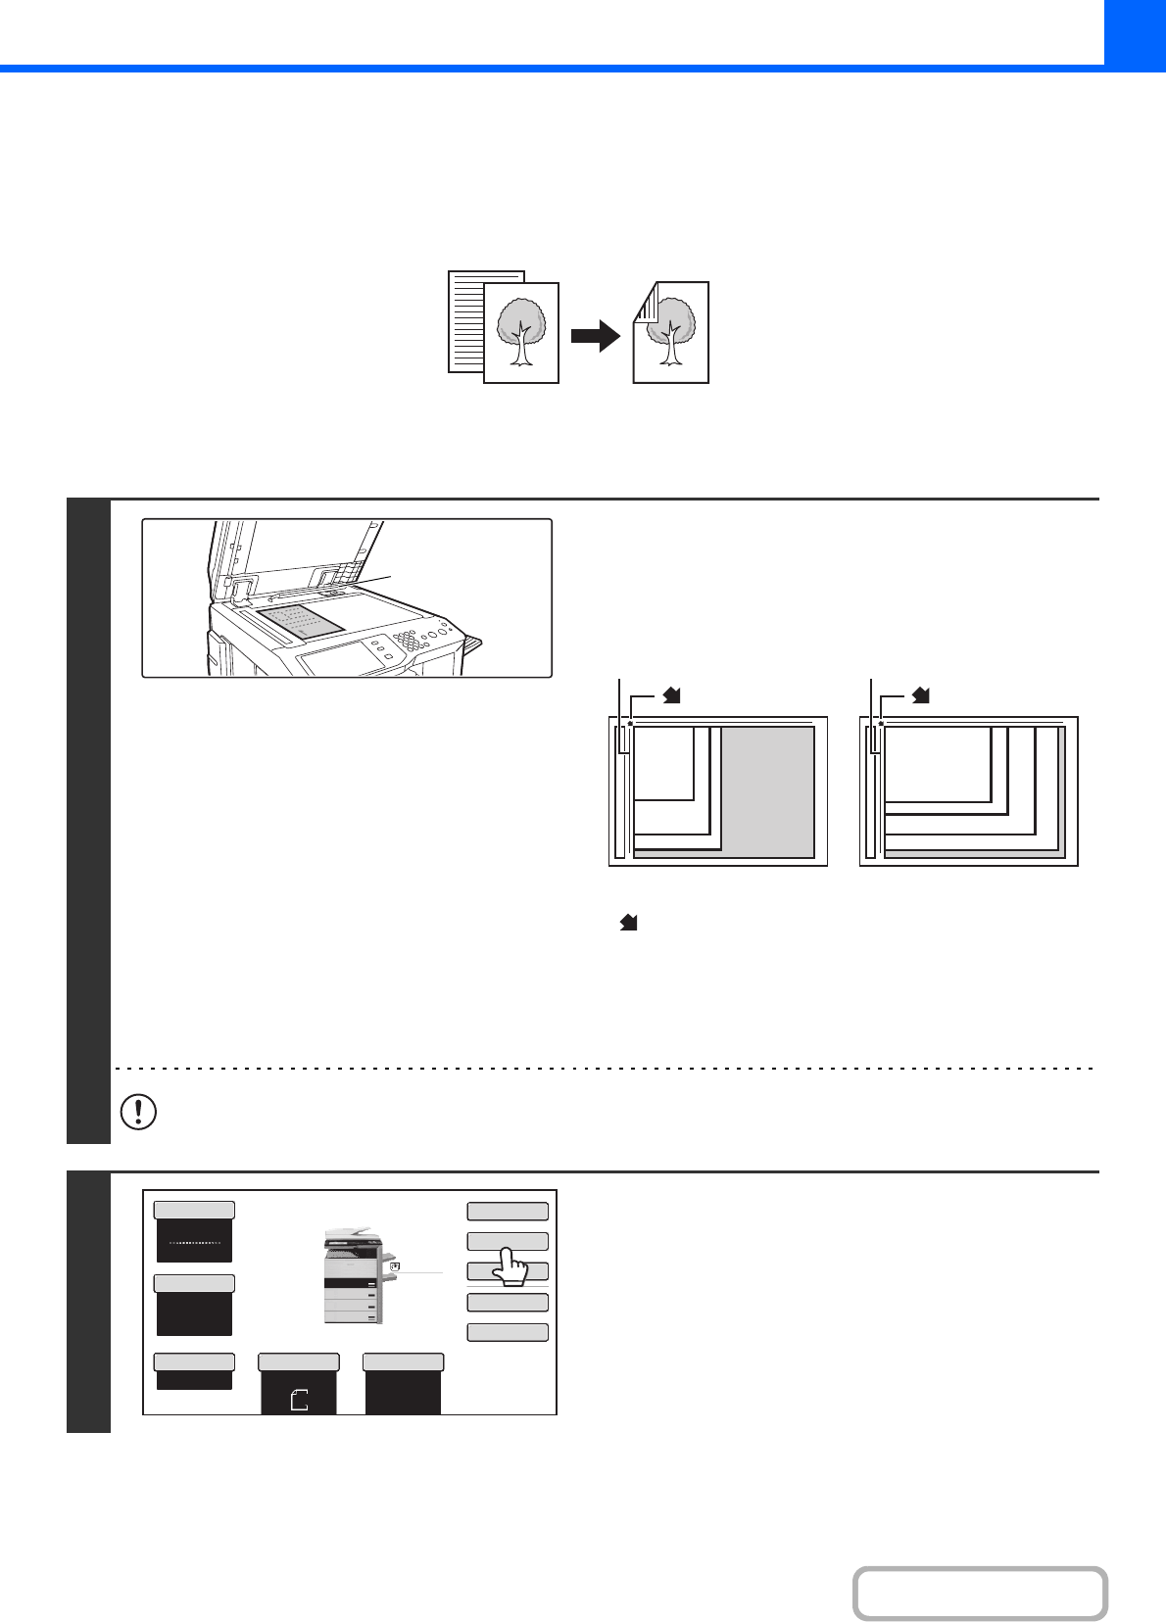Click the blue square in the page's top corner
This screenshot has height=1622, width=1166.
point(1135,31)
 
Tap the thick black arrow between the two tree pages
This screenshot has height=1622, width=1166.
point(596,336)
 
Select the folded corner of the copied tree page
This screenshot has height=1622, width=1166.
point(643,302)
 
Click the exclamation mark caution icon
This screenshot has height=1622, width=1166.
point(138,1112)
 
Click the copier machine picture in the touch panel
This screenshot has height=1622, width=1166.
point(353,1275)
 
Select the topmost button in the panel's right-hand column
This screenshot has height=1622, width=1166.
point(507,1211)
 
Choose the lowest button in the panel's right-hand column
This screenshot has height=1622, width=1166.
point(507,1332)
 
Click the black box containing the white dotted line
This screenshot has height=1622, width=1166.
point(194,1241)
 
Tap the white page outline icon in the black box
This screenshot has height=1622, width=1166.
point(299,1400)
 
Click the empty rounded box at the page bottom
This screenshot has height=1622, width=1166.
point(980,1594)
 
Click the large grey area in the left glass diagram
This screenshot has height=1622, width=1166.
point(768,791)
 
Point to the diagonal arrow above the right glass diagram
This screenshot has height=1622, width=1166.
point(921,695)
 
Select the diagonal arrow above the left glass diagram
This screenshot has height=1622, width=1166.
point(671,695)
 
